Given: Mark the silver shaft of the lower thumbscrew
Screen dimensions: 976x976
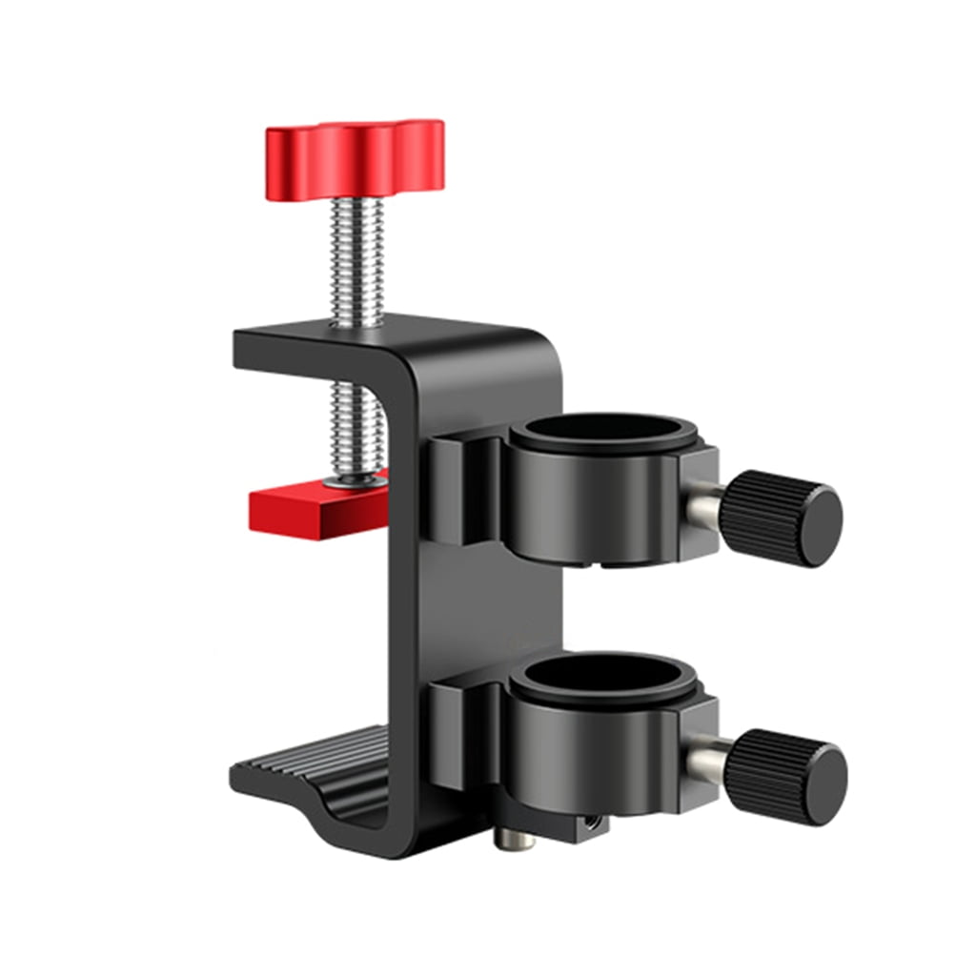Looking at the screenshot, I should (x=711, y=762).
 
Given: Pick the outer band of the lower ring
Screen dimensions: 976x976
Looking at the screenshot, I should (x=591, y=758).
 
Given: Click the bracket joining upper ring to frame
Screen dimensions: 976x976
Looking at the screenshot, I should (x=462, y=486).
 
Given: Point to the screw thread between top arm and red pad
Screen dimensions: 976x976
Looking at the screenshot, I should (x=356, y=419).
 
